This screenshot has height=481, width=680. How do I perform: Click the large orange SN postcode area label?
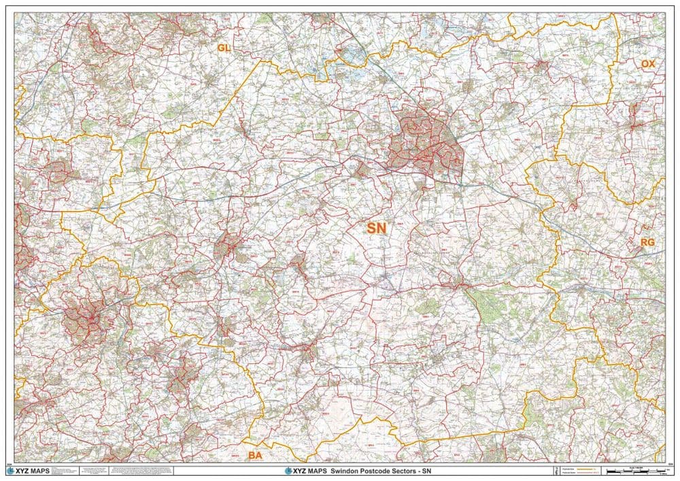point(377,229)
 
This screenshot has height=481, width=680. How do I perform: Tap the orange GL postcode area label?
point(224,48)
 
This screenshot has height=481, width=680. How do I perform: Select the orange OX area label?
point(647,63)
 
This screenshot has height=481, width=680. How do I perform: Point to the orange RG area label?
point(647,242)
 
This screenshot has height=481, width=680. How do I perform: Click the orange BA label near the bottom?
point(255,454)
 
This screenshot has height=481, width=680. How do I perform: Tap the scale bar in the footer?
point(630,471)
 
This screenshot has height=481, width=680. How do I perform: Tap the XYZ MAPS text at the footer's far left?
point(37,471)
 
